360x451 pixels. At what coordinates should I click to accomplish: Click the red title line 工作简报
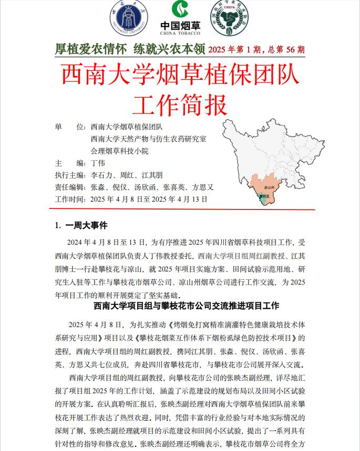coord(180,104)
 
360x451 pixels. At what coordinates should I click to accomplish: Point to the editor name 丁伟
coord(98,163)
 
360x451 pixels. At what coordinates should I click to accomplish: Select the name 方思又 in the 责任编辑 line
coord(203,187)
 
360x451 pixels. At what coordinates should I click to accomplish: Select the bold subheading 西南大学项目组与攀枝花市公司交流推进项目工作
coord(186,306)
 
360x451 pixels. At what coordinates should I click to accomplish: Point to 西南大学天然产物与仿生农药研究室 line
coord(148,139)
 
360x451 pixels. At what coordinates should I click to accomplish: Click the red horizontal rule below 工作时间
coord(184,209)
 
